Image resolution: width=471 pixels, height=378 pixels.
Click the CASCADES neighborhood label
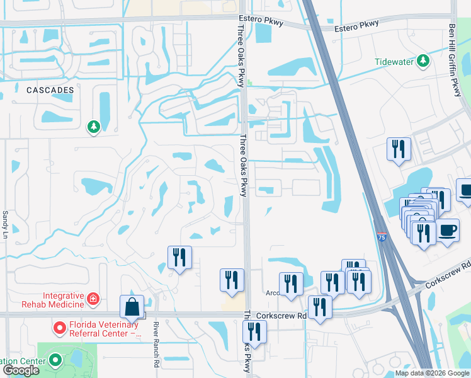click(50, 90)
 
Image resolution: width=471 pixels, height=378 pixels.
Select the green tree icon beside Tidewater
click(424, 60)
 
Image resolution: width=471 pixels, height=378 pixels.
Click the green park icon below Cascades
click(94, 127)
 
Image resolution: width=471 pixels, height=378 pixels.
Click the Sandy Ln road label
click(6, 223)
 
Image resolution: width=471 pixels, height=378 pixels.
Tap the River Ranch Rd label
click(156, 345)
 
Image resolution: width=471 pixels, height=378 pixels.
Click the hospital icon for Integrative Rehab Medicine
click(93, 298)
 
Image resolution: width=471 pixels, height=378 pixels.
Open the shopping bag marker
click(132, 307)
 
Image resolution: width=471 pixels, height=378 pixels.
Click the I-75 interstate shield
click(380, 236)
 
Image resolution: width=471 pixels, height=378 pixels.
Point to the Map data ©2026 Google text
click(432, 374)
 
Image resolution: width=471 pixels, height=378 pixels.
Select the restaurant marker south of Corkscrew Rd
click(254, 331)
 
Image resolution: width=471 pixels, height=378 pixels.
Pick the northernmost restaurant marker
click(399, 149)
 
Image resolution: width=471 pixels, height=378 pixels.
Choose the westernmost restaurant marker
click(179, 257)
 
